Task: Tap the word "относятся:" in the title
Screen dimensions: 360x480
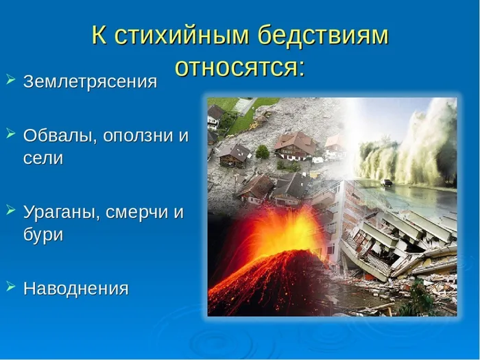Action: coord(239,67)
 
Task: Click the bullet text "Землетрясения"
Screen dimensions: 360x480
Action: coord(90,82)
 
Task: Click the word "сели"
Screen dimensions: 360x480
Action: coord(43,158)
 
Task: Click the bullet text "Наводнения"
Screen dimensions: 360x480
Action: coord(75,289)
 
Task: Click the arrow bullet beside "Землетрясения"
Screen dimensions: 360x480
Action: coord(10,80)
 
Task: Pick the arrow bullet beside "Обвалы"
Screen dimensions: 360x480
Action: coord(10,133)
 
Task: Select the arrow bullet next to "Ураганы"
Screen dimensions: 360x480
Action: coord(10,210)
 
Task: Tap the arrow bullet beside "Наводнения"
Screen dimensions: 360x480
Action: coord(10,287)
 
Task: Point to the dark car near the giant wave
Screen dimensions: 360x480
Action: coord(387,183)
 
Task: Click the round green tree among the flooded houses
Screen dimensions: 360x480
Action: coord(262,152)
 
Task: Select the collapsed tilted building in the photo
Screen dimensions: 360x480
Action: coord(384,240)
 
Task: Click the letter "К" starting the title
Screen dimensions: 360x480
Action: coord(99,36)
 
